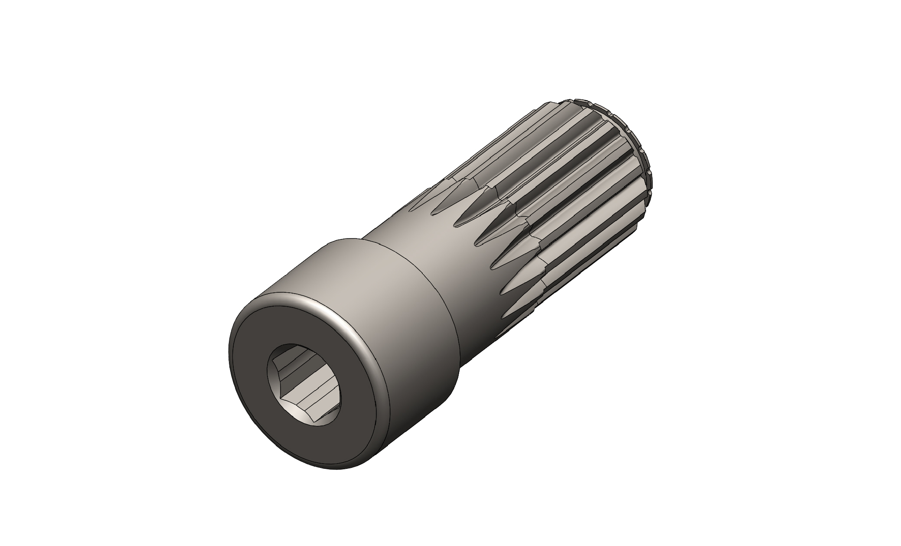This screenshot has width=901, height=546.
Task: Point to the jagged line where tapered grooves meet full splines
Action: point(512,208)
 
